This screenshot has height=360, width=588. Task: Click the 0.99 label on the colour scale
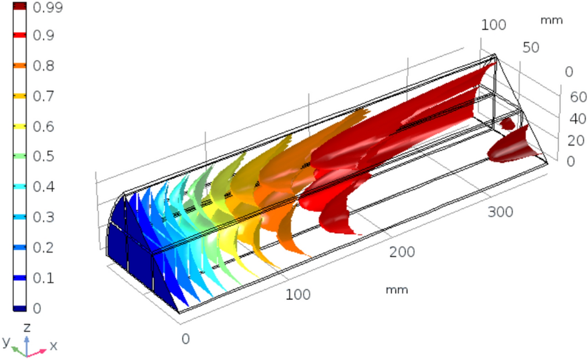click(47, 7)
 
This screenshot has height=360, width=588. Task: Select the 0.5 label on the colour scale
click(44, 156)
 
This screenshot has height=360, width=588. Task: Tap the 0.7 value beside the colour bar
click(44, 96)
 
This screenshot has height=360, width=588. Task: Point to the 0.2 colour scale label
click(44, 247)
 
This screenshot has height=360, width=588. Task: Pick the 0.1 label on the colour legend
click(44, 277)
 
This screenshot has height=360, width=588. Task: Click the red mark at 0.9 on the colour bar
click(19, 35)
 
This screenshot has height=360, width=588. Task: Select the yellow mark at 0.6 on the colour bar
click(19, 126)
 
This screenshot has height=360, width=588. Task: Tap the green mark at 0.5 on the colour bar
click(19, 156)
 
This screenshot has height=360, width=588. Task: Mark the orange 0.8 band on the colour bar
click(19, 66)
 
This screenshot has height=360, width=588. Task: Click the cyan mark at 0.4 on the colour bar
click(19, 186)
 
